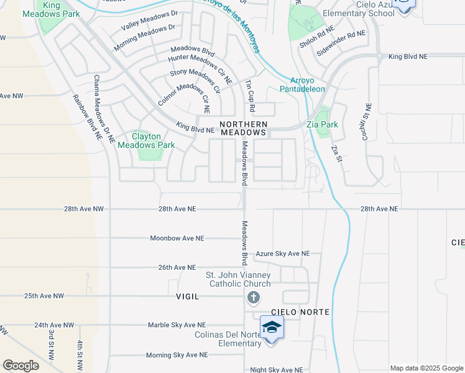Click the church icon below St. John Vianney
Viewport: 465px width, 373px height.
(x=253, y=297)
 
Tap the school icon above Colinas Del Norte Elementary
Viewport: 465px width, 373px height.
(x=272, y=326)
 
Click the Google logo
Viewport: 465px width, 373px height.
(x=21, y=365)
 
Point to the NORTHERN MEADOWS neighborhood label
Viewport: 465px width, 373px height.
(x=243, y=128)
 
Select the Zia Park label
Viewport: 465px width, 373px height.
(x=322, y=124)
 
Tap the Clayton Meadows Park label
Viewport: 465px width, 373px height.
(x=147, y=140)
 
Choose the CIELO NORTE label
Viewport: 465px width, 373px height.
(x=300, y=311)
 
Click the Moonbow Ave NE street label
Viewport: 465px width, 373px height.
(x=177, y=238)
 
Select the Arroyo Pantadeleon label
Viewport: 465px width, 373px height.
(x=308, y=84)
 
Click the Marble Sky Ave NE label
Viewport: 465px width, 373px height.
(x=177, y=325)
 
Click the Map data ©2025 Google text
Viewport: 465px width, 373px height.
(x=426, y=368)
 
